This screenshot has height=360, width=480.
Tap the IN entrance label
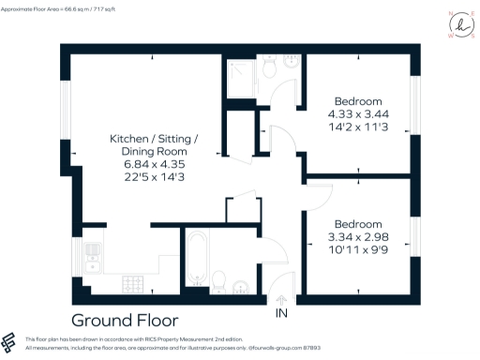(280, 313)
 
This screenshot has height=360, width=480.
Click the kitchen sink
(93, 255)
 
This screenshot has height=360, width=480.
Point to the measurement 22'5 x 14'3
(148, 177)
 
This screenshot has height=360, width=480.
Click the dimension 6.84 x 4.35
(148, 164)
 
